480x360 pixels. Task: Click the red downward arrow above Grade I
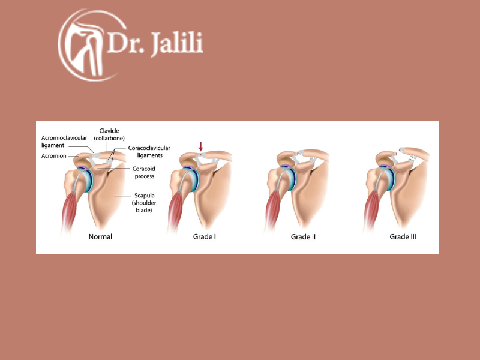point(201,146)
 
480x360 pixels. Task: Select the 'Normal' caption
point(100,236)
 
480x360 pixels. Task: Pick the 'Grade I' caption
point(205,236)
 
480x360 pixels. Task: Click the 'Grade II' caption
point(303,236)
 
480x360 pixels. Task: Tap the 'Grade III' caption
point(403,236)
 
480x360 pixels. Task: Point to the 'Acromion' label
point(54,156)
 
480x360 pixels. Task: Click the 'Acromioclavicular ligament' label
point(64,142)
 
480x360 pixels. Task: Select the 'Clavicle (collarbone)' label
point(109,134)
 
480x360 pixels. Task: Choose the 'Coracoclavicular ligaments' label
point(149,152)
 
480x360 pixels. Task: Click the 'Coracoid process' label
point(145,172)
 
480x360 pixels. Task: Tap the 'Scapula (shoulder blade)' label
point(144,203)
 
